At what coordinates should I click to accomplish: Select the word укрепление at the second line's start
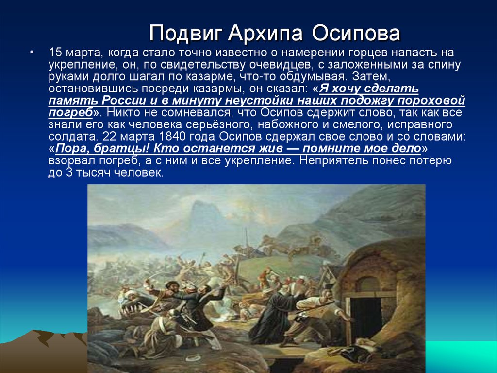pyautogui.click(x=73, y=65)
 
